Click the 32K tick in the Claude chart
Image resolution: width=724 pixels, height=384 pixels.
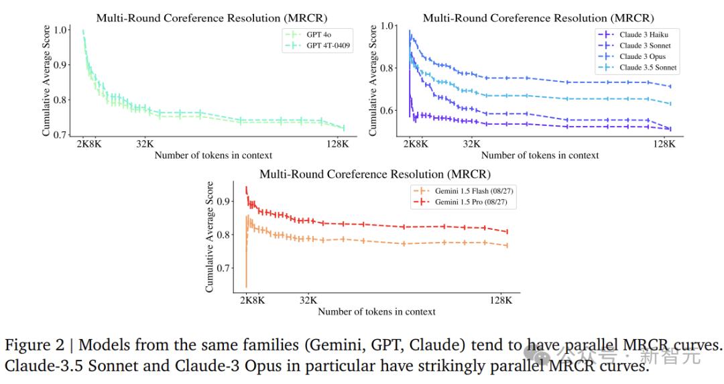coord(472,143)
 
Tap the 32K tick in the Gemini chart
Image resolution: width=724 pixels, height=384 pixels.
coord(308,300)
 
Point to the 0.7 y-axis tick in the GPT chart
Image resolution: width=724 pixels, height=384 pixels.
coord(60,135)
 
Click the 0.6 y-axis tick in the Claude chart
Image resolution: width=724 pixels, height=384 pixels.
coord(387,110)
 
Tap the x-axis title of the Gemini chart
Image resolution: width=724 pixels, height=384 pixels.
coord(377,312)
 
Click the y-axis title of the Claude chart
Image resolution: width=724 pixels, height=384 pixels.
coord(373,80)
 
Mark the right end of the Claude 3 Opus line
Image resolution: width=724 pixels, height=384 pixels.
coord(670,86)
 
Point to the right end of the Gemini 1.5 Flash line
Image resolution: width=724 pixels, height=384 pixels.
coord(507,245)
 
